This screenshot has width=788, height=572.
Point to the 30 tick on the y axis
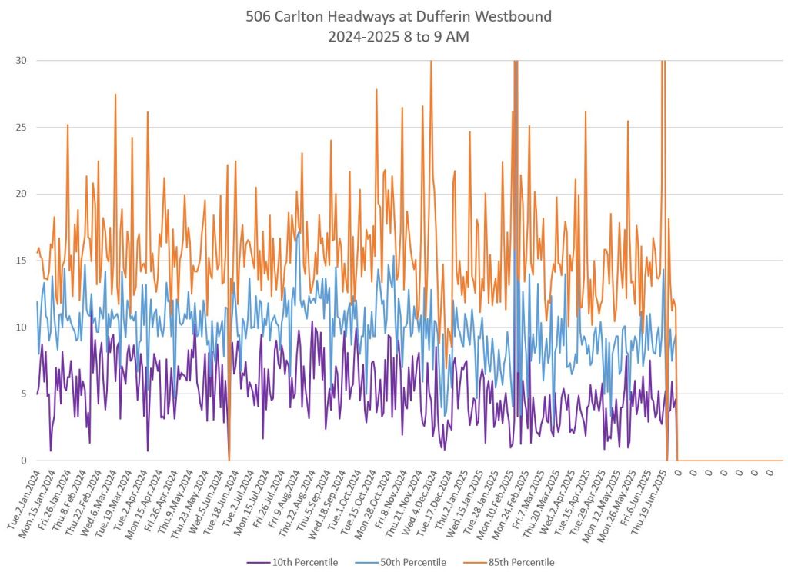click(x=22, y=61)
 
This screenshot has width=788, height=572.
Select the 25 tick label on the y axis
click(x=22, y=128)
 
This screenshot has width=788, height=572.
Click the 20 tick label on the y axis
click(x=22, y=194)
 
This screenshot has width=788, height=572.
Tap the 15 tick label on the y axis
click(x=22, y=261)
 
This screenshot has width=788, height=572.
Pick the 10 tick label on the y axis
click(x=22, y=328)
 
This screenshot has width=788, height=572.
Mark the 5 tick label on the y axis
click(x=25, y=394)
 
